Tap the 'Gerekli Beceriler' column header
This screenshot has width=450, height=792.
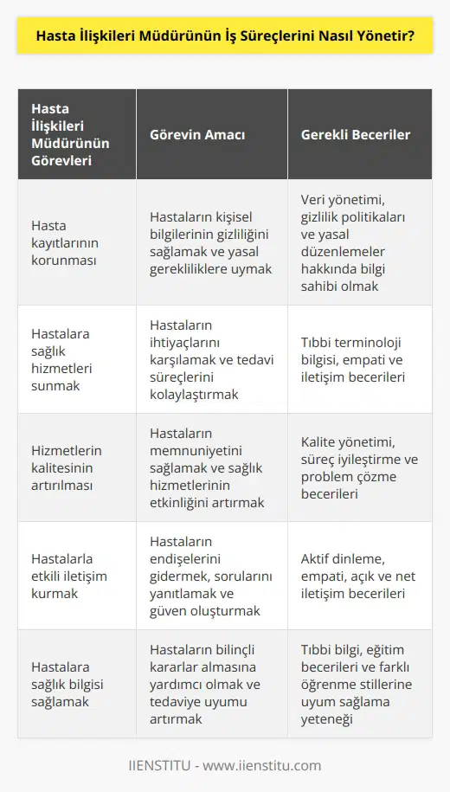[356, 135]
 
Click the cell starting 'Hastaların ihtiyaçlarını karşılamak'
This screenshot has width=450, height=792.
[211, 358]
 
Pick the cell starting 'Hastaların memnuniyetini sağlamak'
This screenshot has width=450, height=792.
[211, 467]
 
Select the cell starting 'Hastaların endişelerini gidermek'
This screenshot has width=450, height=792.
[211, 575]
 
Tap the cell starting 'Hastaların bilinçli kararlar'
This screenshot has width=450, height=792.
[211, 683]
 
